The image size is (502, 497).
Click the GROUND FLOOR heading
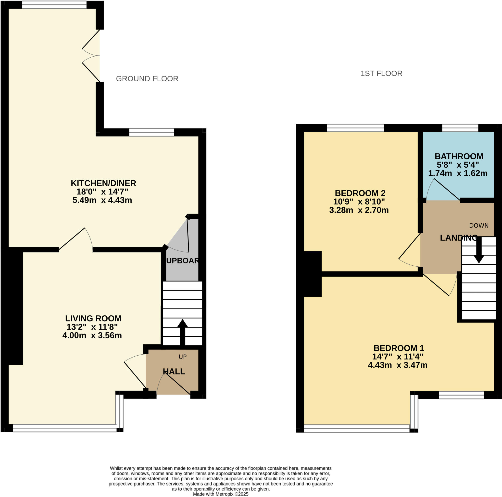(x=147, y=79)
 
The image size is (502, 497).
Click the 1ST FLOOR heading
(x=381, y=74)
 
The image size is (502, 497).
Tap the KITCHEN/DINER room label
(x=103, y=183)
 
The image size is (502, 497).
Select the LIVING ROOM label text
(x=93, y=318)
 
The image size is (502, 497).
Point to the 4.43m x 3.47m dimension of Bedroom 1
(x=398, y=365)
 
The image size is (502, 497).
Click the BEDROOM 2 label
(x=360, y=193)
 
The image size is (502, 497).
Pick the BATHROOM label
(x=459, y=156)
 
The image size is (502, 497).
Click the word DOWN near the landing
(x=479, y=225)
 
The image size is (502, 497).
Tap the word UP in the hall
(x=183, y=357)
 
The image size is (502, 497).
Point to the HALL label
(x=174, y=372)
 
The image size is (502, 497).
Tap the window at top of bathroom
(x=460, y=128)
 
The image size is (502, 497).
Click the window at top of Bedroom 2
(x=355, y=128)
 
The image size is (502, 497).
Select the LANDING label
(x=459, y=238)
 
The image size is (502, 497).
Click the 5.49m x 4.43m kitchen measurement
(x=102, y=200)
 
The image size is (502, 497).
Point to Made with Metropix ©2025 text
(x=221, y=494)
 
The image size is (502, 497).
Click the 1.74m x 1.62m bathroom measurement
(x=458, y=173)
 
